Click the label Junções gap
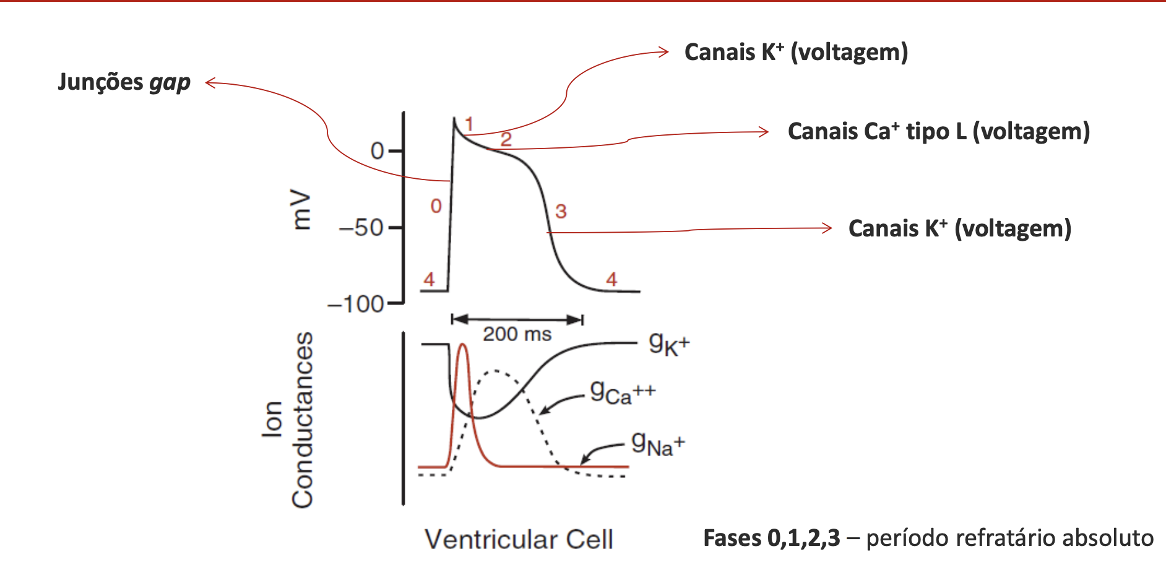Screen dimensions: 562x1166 coord(124,82)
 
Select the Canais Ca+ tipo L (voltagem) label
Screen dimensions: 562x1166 coord(938,132)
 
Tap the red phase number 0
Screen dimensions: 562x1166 coord(436,206)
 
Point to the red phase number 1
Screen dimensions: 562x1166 coord(469,124)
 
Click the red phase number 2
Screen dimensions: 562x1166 coord(506,139)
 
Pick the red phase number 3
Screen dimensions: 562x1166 coord(561,212)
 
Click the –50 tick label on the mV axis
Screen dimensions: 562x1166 coord(362,228)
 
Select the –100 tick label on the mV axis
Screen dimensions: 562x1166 coord(356,305)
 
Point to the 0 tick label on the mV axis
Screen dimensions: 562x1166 coord(377,151)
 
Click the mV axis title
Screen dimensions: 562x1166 coord(301,210)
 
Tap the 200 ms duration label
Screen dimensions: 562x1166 coord(517,334)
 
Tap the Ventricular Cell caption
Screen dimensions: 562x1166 coord(519,539)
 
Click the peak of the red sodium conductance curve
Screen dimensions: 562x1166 coord(462,345)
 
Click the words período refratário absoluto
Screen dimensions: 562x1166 coord(1009,538)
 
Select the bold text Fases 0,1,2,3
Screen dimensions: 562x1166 coord(771,538)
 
